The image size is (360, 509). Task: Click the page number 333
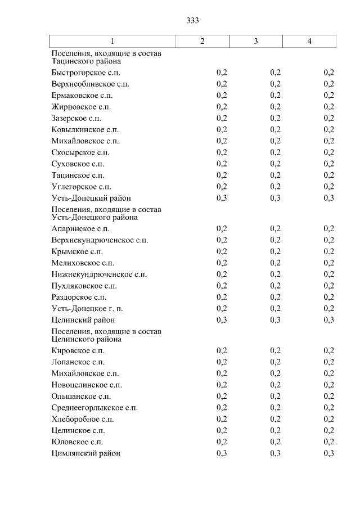pyautogui.click(x=192, y=21)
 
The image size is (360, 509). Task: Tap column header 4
pyautogui.click(x=309, y=42)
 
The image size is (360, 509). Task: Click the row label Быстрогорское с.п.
pyautogui.click(x=85, y=73)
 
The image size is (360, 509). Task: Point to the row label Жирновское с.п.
pyautogui.click(x=80, y=107)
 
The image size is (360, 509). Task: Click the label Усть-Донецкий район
pyautogui.click(x=91, y=198)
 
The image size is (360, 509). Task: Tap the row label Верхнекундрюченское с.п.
pyautogui.click(x=100, y=240)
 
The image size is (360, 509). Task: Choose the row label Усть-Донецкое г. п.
pyautogui.click(x=87, y=308)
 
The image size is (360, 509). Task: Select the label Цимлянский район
pyautogui.click(x=85, y=453)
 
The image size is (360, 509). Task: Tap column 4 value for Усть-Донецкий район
pyautogui.click(x=329, y=198)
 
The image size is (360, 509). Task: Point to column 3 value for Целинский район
pyautogui.click(x=276, y=320)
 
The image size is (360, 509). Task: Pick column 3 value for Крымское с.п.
pyautogui.click(x=276, y=251)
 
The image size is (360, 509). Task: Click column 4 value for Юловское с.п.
pyautogui.click(x=329, y=442)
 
